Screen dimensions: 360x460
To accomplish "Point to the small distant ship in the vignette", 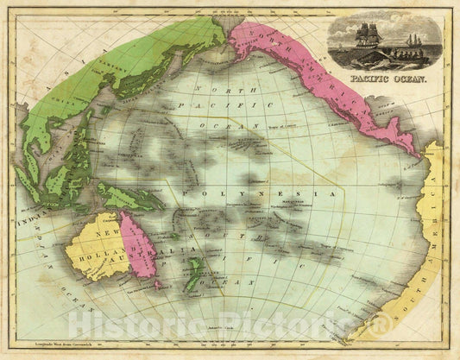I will click(415, 41).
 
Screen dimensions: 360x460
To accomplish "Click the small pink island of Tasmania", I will click(158, 284).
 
